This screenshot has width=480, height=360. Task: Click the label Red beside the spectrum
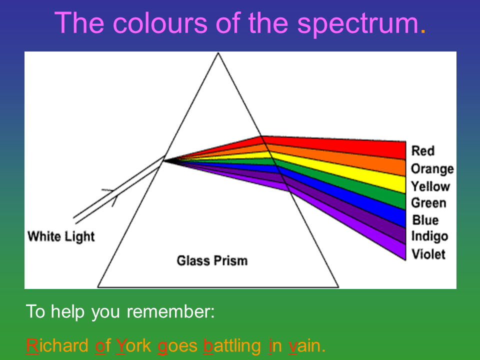point(423,151)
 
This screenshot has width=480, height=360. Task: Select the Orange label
point(432,169)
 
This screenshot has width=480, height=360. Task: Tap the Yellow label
point(430,186)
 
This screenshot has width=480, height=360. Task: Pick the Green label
point(428,203)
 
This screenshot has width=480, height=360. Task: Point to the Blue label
point(425,220)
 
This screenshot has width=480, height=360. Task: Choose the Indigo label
point(429,236)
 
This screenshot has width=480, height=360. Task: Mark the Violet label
point(428,254)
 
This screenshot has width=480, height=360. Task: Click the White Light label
point(61,237)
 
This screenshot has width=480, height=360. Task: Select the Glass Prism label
point(212,261)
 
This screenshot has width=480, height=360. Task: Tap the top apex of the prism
point(218,53)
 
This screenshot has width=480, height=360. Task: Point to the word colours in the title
point(160,23)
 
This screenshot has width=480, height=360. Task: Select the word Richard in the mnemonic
point(57,345)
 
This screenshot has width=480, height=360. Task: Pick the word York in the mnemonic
point(133,345)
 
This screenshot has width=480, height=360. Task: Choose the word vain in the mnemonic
point(304,346)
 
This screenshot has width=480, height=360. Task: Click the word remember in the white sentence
point(168,312)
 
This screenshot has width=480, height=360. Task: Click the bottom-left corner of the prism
point(98,287)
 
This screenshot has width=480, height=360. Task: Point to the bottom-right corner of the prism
point(338,287)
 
